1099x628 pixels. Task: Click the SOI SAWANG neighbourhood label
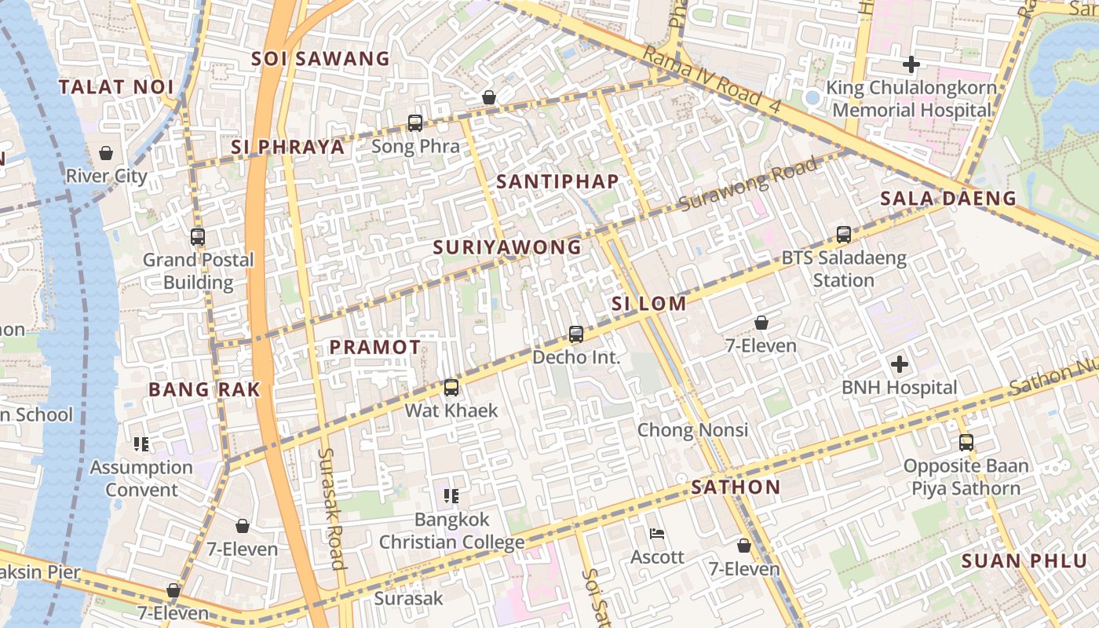pyautogui.click(x=320, y=59)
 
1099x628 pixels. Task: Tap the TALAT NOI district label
pyautogui.click(x=115, y=86)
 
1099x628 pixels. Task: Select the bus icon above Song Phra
pyautogui.click(x=415, y=123)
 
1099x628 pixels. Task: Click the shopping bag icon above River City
pyautogui.click(x=106, y=153)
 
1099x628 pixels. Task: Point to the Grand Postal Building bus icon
pyautogui.click(x=198, y=236)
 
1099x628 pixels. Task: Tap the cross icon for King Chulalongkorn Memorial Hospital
pyautogui.click(x=911, y=64)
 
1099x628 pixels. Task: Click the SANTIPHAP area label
pyautogui.click(x=558, y=181)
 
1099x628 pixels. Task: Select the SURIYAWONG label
pyautogui.click(x=507, y=247)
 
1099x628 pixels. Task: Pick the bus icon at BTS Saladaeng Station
pyautogui.click(x=844, y=235)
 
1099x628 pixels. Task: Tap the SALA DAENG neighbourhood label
pyautogui.click(x=948, y=199)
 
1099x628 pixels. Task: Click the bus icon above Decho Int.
pyautogui.click(x=576, y=334)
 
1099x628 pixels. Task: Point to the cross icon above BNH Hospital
pyautogui.click(x=900, y=364)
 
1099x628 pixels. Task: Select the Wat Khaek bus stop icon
pyautogui.click(x=451, y=388)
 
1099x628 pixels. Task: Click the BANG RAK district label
pyautogui.click(x=204, y=389)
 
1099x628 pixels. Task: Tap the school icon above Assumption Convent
pyautogui.click(x=141, y=445)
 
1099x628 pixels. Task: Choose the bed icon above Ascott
pyautogui.click(x=658, y=535)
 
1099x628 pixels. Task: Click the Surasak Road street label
pyautogui.click(x=333, y=508)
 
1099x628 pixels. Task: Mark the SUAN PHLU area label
pyautogui.click(x=1013, y=561)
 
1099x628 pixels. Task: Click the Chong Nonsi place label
pyautogui.click(x=692, y=430)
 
